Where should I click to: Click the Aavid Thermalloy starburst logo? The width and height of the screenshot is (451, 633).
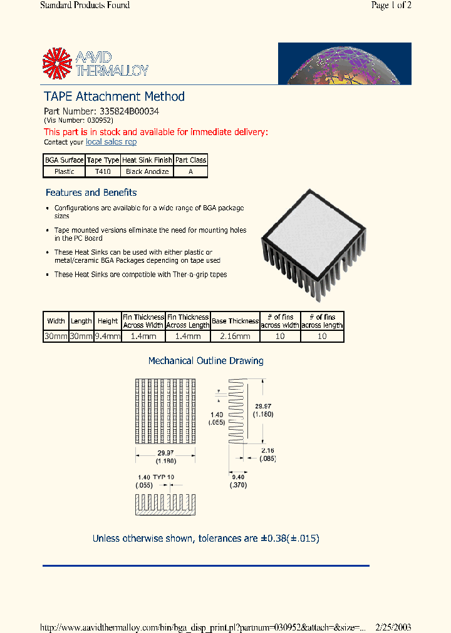click(x=57, y=63)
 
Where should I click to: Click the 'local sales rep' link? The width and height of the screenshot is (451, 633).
click(x=111, y=142)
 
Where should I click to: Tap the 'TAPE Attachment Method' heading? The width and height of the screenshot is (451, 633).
click(x=114, y=96)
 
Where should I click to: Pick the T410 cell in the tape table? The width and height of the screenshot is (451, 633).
click(x=103, y=171)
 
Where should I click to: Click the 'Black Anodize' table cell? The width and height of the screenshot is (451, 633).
click(x=147, y=171)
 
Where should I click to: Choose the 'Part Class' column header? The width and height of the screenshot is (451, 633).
click(x=190, y=160)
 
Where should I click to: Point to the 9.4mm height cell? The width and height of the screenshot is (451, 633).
click(x=107, y=336)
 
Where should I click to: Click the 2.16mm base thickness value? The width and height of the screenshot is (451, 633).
click(x=235, y=336)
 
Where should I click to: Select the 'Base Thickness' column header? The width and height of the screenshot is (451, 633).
click(x=235, y=321)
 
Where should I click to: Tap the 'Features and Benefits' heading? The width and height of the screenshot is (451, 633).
click(x=91, y=193)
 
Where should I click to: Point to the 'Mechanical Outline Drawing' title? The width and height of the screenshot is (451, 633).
click(x=205, y=361)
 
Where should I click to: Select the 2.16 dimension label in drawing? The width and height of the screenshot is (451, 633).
click(x=267, y=450)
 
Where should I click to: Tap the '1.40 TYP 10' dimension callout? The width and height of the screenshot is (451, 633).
click(x=155, y=477)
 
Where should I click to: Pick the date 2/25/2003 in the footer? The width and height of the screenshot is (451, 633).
click(x=393, y=627)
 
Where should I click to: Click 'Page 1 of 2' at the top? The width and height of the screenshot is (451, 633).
click(x=391, y=6)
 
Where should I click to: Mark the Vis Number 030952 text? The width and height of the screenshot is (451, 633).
click(x=78, y=120)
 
